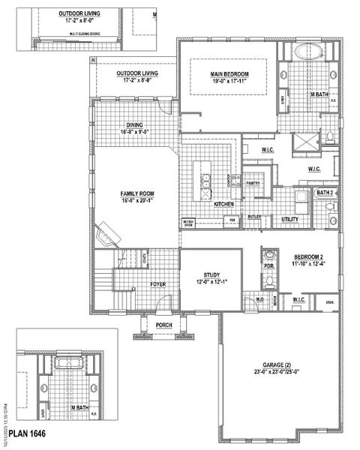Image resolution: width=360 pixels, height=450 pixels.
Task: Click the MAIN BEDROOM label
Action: click(x=230, y=73)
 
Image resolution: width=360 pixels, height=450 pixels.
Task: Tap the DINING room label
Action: click(x=136, y=125)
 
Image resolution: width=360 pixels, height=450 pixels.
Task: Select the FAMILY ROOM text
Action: click(x=136, y=193)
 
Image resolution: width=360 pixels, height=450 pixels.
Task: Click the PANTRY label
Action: click(x=253, y=182)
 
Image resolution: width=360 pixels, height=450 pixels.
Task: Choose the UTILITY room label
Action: click(x=291, y=219)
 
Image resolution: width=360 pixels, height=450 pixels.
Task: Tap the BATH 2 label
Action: click(x=325, y=193)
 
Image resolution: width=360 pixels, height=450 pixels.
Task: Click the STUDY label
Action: click(x=211, y=274)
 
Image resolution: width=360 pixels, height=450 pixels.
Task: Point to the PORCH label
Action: click(x=164, y=325)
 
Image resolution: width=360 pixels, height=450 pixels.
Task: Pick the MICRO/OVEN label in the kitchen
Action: click(x=189, y=222)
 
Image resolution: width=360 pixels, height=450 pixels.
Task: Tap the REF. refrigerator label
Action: click(x=232, y=220)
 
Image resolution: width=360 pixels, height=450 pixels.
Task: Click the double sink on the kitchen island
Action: click(x=204, y=182)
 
